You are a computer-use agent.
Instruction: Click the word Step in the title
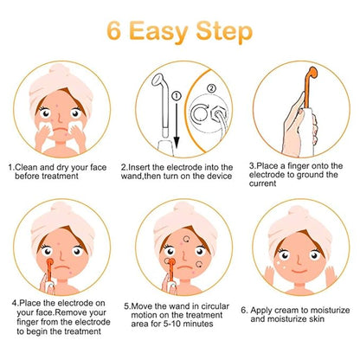coord(227,32)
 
